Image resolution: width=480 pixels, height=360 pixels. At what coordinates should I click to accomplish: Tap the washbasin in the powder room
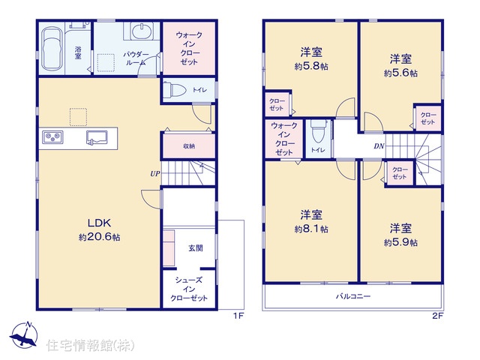click(x=142, y=31)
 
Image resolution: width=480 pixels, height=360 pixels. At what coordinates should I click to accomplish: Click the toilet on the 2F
click(x=319, y=132)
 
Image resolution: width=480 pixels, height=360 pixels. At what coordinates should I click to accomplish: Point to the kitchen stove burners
click(x=52, y=136)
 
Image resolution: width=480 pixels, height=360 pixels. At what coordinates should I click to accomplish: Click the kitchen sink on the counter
click(x=97, y=136)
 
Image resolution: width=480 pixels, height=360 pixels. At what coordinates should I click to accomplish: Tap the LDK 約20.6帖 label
click(x=99, y=229)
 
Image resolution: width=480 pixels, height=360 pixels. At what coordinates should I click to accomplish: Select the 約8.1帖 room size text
click(x=311, y=229)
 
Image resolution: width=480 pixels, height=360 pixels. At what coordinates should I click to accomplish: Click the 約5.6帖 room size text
click(x=400, y=73)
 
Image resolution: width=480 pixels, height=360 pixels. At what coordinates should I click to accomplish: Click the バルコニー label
click(x=353, y=296)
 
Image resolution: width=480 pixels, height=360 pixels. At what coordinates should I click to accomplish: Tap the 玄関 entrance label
click(x=196, y=248)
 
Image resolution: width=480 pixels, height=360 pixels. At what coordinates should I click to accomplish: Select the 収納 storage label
click(x=189, y=146)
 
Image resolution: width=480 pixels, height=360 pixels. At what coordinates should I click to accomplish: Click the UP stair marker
click(x=155, y=174)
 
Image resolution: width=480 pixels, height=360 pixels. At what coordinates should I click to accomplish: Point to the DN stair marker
click(x=379, y=146)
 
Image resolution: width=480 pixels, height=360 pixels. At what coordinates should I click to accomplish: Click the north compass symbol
click(x=24, y=336)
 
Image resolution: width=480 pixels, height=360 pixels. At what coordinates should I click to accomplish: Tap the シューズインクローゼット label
click(x=189, y=289)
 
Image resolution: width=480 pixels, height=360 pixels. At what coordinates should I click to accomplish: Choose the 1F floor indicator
click(x=238, y=316)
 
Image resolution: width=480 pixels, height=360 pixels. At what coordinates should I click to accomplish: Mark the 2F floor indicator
click(x=438, y=316)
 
